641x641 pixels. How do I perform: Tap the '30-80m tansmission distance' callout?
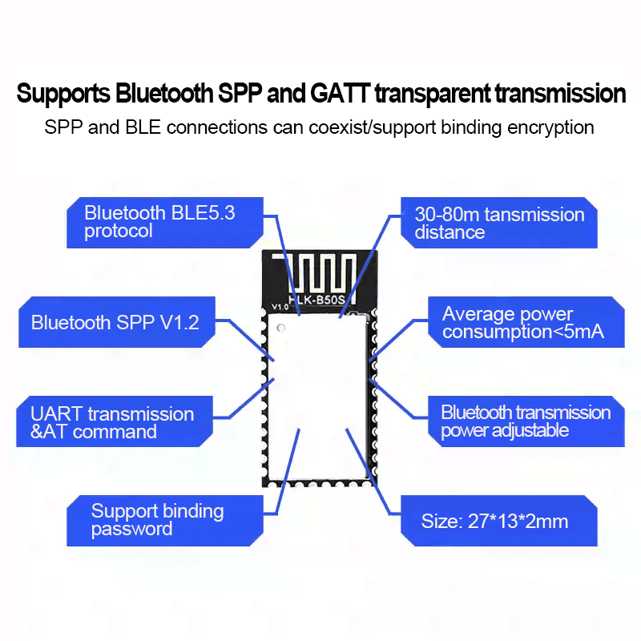[x=498, y=223]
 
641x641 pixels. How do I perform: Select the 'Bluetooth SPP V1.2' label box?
[x=115, y=322]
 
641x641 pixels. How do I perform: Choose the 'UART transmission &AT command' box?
[x=112, y=422]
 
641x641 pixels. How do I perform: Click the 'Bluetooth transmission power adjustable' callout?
[x=525, y=421]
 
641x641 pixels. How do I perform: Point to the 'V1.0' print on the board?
[x=280, y=306]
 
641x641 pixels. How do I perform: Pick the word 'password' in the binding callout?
[x=131, y=529]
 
